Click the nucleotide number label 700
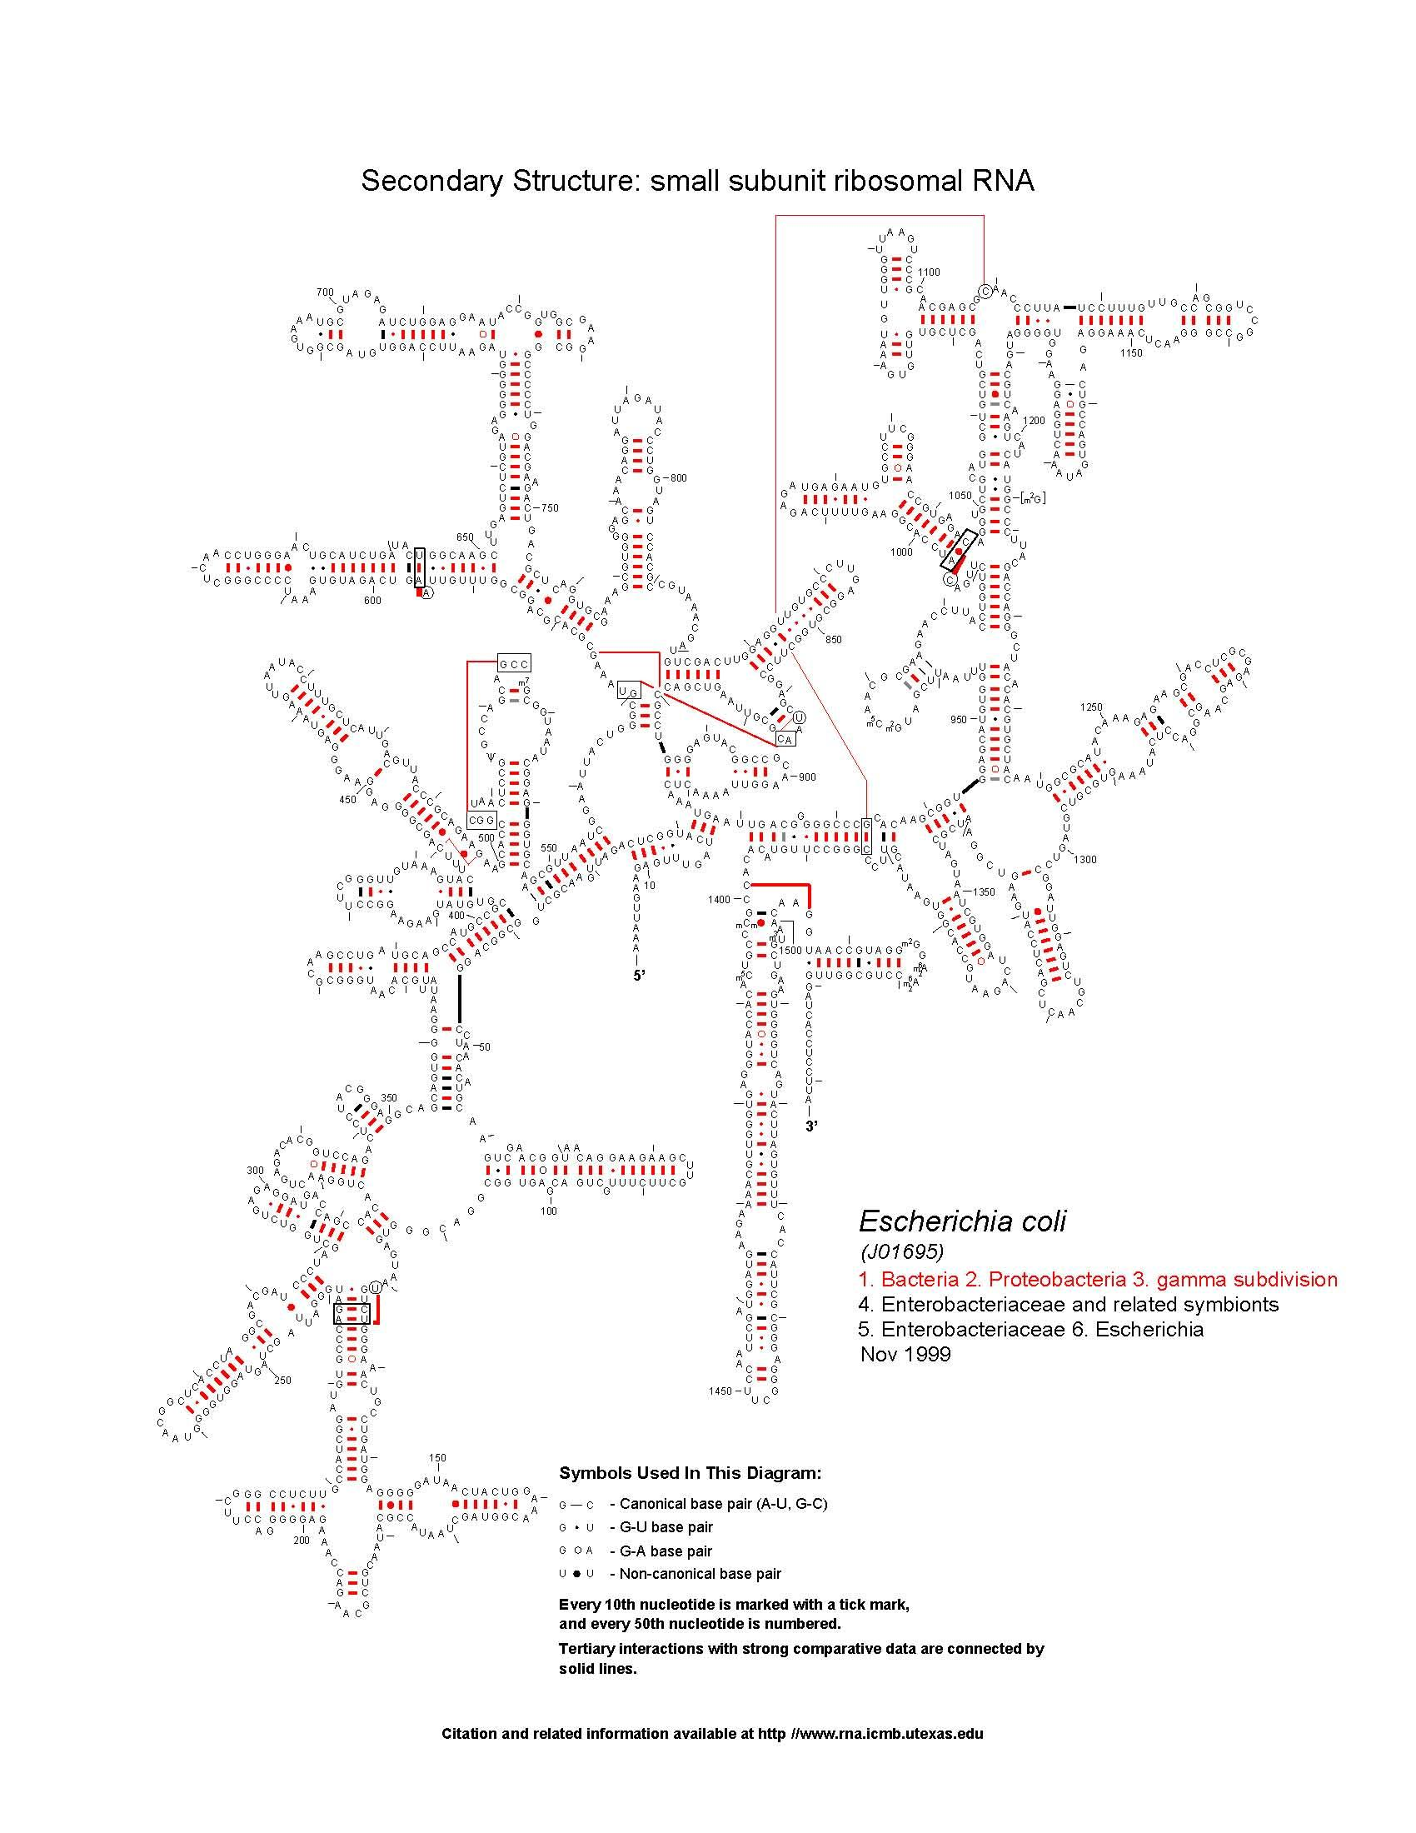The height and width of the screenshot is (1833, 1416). tap(325, 292)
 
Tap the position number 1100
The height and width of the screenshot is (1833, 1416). tap(929, 272)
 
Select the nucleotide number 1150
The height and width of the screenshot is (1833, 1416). tap(1131, 353)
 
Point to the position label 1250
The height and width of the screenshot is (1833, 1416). tap(1091, 707)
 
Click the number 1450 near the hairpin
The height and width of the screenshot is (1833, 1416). tap(720, 1391)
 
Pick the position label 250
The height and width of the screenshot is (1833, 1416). tap(282, 1380)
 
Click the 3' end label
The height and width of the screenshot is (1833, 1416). tap(811, 1126)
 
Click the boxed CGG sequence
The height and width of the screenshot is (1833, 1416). tap(482, 820)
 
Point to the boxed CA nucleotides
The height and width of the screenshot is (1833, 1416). tap(785, 739)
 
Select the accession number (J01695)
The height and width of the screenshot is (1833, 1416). tap(902, 1251)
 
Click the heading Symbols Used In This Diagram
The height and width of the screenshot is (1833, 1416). tap(690, 1473)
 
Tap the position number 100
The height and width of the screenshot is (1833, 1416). tap(549, 1211)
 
